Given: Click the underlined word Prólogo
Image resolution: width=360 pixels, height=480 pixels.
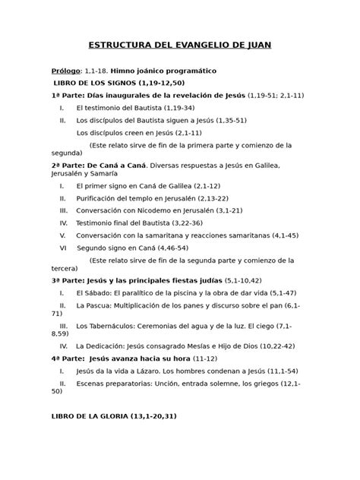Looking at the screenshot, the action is coord(66,70).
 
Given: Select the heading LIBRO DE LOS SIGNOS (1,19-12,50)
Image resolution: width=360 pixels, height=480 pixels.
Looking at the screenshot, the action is coord(118,81).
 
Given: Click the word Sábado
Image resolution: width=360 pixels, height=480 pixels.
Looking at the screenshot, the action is coord(99,292).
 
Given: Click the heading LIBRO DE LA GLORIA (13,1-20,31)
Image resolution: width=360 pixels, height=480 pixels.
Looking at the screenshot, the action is coord(113,416).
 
